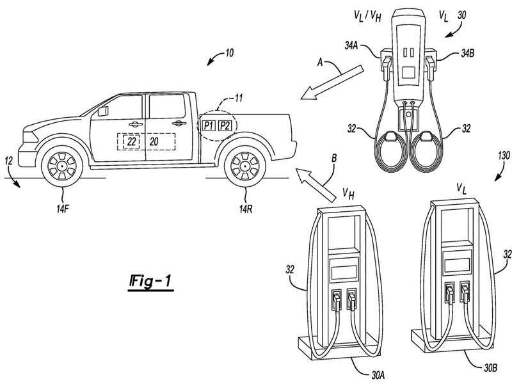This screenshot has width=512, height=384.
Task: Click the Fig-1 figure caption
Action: tap(150, 281)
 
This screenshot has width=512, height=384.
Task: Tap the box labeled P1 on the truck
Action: tap(209, 125)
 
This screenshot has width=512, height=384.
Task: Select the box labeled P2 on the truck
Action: tap(225, 125)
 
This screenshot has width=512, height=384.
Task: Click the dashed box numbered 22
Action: tap(132, 142)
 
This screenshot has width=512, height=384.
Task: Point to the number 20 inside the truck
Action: tap(154, 141)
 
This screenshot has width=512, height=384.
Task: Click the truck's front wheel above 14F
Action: tap(62, 166)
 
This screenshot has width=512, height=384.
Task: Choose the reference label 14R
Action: tap(245, 209)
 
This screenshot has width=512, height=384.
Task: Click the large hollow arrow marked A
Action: tap(332, 82)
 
